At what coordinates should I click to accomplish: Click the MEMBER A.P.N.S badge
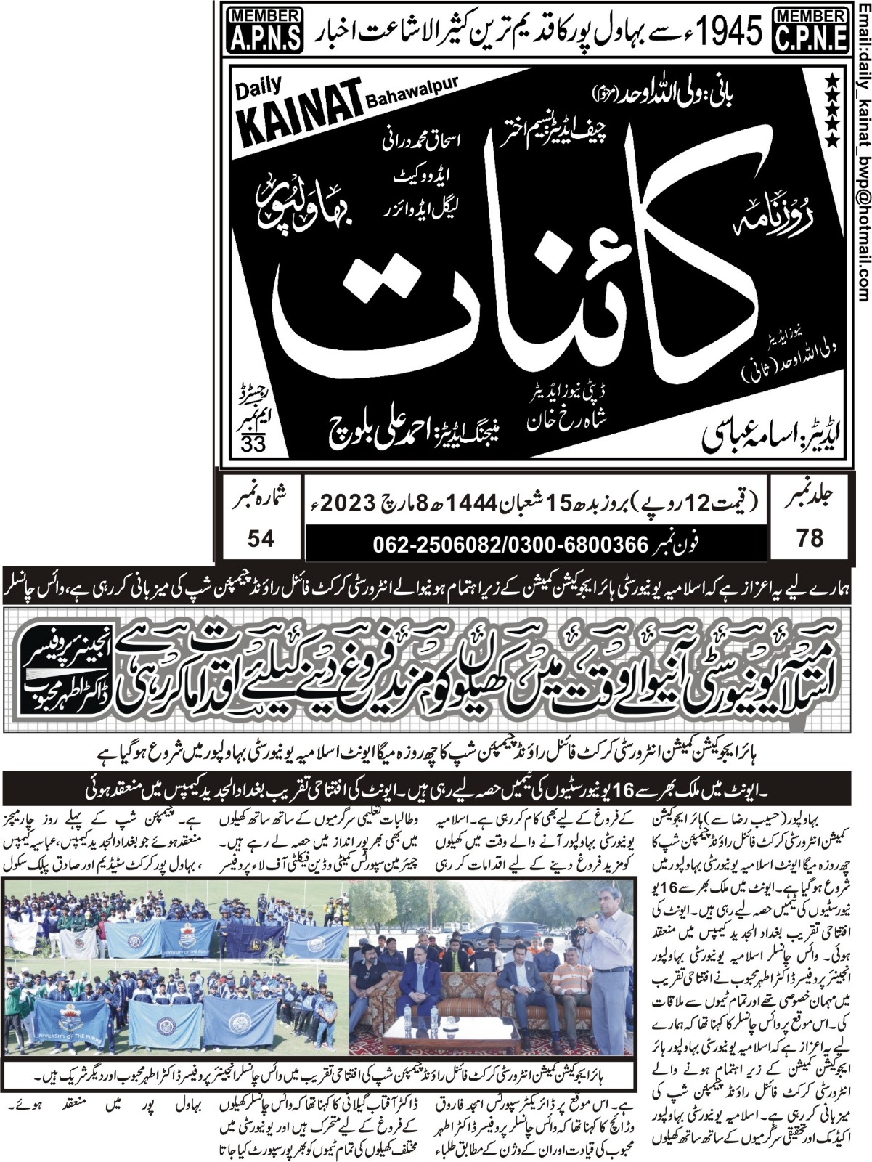tap(265, 30)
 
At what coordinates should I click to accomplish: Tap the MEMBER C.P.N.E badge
tap(812, 30)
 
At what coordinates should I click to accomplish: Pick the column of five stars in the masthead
tap(832, 110)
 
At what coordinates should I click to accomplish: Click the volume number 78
tap(810, 538)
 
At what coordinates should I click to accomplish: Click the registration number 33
tap(253, 444)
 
